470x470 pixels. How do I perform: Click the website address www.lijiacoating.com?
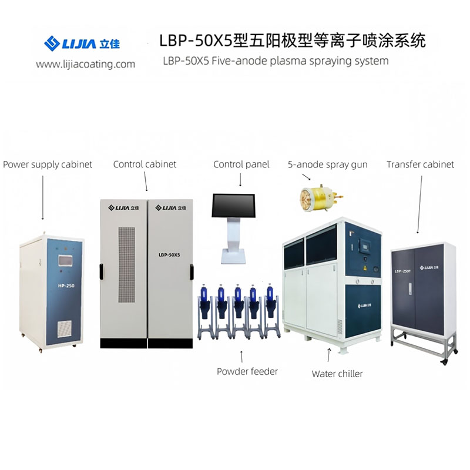point(85,64)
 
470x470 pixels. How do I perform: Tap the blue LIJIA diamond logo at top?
point(52,43)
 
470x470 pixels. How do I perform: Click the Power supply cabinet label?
point(48,164)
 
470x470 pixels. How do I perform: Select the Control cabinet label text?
point(145,164)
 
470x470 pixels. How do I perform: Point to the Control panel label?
point(241,164)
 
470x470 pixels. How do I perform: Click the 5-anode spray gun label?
point(328,164)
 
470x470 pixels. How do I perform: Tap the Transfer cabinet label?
point(420,164)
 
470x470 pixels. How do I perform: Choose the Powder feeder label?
point(247,371)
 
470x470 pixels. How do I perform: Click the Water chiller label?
point(337,374)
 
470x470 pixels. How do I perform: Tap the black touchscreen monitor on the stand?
point(233,205)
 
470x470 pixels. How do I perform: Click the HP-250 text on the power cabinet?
point(66,286)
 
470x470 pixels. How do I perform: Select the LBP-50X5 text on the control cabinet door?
point(169,255)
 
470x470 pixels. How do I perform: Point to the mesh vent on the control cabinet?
point(126,265)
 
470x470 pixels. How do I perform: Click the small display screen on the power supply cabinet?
point(66,260)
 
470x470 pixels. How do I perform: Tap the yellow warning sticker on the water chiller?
point(365,268)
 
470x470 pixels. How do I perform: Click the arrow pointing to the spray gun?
point(306,177)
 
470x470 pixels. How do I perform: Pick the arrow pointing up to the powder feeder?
point(241,357)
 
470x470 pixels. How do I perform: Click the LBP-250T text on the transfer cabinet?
point(402,271)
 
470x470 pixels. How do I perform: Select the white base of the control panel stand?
point(233,257)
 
